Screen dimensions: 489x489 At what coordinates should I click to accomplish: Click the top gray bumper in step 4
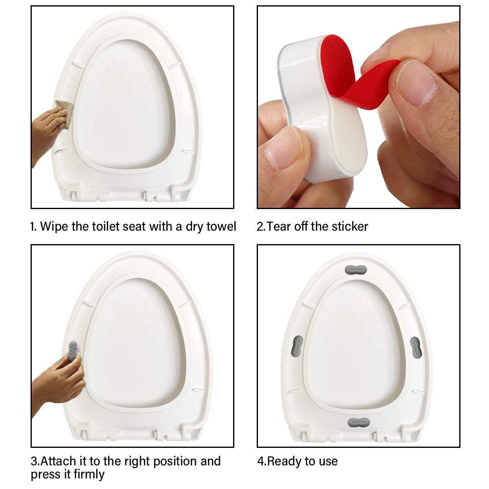point(356,269)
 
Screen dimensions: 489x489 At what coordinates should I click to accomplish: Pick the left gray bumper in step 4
point(298,346)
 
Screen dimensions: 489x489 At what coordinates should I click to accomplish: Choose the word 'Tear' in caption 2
point(279,226)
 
